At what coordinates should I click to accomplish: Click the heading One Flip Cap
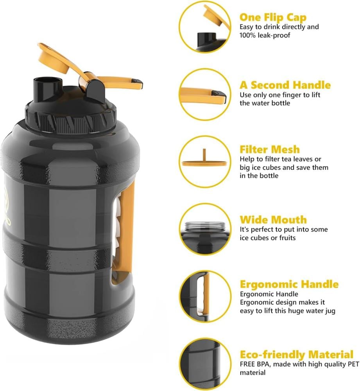pyautogui.click(x=273, y=18)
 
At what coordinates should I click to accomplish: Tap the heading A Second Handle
pyautogui.click(x=285, y=85)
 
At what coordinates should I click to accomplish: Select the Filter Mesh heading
pyautogui.click(x=269, y=149)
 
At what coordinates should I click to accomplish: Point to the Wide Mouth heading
pyautogui.click(x=273, y=220)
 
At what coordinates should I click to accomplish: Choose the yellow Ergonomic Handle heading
pyautogui.click(x=289, y=284)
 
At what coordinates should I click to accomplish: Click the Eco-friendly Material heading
pyautogui.click(x=296, y=354)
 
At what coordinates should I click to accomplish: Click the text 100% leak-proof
pyautogui.click(x=265, y=35)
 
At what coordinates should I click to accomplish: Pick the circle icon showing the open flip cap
pyautogui.click(x=205, y=27)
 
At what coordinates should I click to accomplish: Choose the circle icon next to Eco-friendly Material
pyautogui.click(x=205, y=364)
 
